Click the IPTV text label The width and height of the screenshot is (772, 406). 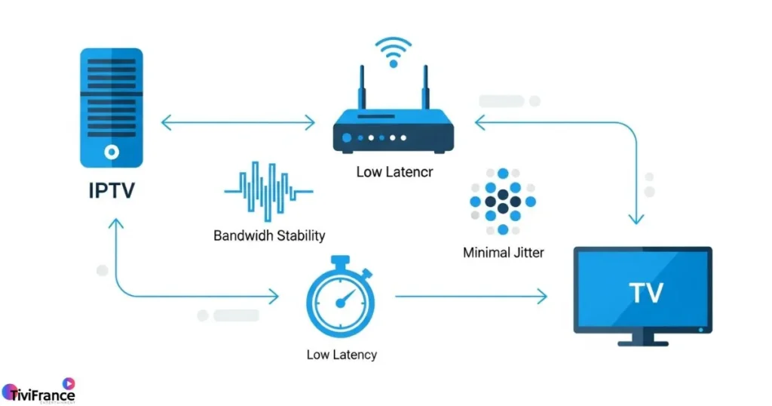112,189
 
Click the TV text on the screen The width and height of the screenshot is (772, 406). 645,292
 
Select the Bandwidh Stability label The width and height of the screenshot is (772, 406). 269,235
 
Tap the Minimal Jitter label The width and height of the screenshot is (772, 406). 503,253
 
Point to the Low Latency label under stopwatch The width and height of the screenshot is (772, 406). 342,355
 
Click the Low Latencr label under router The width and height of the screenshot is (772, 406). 394,172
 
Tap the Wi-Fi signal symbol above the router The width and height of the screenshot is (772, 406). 393,53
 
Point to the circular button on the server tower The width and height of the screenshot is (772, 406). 112,152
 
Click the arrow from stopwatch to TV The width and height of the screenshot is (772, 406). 471,297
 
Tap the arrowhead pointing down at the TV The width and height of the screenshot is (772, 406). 636,218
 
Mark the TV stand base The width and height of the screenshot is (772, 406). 642,343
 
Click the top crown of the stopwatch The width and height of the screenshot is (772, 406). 340,261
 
